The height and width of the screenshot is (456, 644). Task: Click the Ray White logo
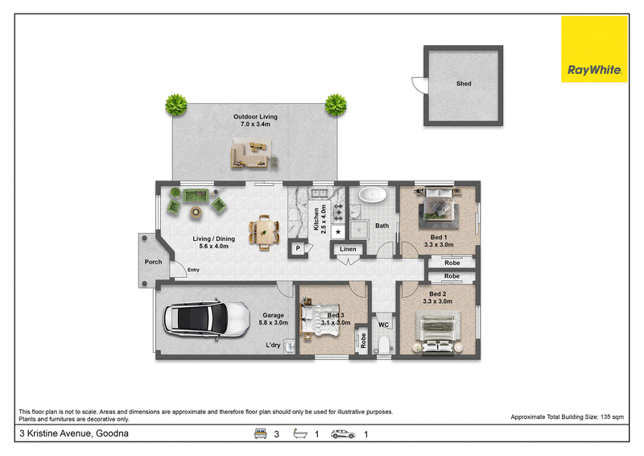[594, 49]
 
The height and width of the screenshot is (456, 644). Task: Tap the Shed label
[464, 84]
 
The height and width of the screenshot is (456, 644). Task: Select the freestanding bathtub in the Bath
[373, 194]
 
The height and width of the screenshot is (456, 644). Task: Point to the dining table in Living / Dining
[264, 233]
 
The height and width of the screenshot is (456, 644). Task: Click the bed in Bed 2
[438, 333]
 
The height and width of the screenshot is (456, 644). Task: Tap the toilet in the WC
[384, 346]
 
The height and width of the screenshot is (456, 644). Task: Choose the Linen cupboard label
[348, 249]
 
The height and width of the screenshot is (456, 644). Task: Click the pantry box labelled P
[298, 248]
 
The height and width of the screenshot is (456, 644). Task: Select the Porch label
[153, 262]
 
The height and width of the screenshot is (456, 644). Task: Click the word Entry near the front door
[193, 270]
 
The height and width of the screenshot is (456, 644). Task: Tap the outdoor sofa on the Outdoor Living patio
[251, 154]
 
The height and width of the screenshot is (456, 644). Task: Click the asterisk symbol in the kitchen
[338, 232]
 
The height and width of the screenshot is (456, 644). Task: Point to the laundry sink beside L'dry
[290, 346]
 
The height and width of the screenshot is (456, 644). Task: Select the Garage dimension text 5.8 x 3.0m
[273, 323]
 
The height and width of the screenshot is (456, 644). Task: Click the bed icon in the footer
[260, 433]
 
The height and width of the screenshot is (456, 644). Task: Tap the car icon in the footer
[343, 434]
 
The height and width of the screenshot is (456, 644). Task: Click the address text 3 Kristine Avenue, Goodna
[74, 433]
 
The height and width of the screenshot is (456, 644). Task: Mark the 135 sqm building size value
[612, 417]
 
